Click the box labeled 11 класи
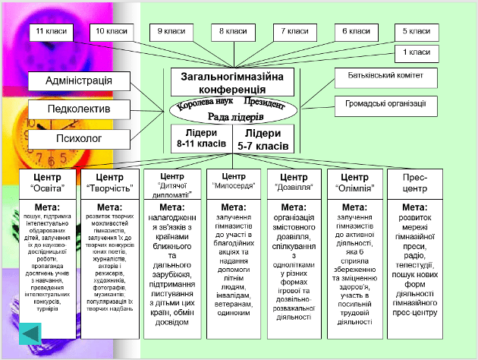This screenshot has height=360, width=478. click(51, 32)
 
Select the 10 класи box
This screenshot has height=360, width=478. click(112, 32)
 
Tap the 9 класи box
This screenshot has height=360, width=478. click(172, 32)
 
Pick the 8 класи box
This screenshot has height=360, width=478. click(234, 32)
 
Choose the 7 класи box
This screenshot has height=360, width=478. click(294, 32)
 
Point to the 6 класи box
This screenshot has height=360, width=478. click(356, 32)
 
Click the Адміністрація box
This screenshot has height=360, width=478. click(79, 81)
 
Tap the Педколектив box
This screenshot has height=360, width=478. click(79, 109)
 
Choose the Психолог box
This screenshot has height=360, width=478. click(79, 138)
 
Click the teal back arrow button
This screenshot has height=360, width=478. click(30, 333)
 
